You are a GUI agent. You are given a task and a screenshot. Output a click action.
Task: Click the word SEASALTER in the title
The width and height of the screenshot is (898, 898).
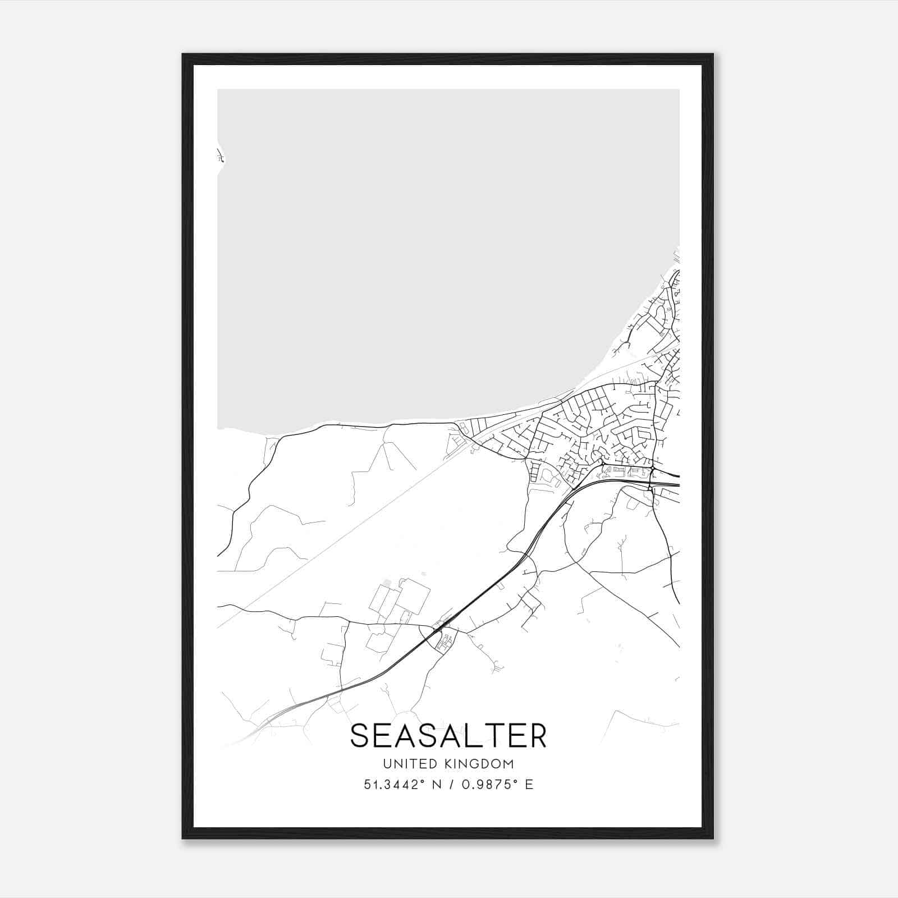click(x=448, y=736)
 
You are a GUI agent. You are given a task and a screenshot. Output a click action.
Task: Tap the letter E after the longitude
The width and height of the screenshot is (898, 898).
click(x=529, y=785)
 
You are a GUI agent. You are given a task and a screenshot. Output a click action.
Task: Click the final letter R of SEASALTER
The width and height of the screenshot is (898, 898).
click(x=537, y=736)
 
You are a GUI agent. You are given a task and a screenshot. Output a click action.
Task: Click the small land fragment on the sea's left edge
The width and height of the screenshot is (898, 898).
click(x=220, y=155)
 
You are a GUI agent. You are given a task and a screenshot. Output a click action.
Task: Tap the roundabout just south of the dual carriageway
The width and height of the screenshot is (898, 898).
click(x=649, y=489)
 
